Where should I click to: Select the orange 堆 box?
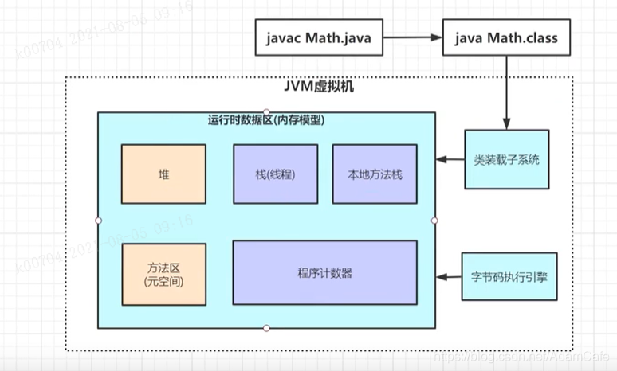tap(163, 174)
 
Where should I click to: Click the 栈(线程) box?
tap(275, 174)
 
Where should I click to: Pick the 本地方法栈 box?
tap(375, 174)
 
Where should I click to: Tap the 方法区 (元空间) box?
tap(163, 275)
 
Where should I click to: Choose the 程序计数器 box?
tap(324, 273)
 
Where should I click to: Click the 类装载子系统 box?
tap(506, 159)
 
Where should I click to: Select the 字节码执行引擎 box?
tap(506, 277)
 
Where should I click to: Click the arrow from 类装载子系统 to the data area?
tap(450, 160)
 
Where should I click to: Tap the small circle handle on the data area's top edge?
tap(266, 111)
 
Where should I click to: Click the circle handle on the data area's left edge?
tap(98, 220)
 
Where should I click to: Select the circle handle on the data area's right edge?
tap(435, 220)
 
